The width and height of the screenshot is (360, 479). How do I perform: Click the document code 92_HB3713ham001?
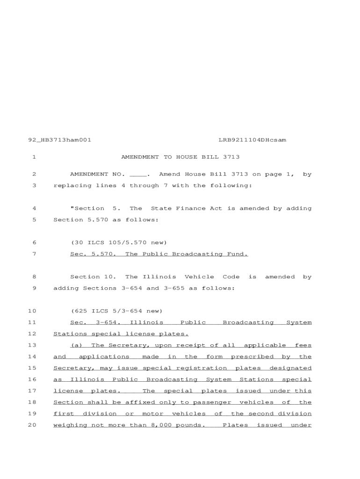[x=60, y=140]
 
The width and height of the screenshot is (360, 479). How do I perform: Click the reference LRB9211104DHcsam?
[x=252, y=140]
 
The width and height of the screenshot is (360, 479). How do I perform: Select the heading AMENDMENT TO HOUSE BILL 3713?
[x=180, y=157]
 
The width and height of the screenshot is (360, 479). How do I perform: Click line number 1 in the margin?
[x=34, y=157]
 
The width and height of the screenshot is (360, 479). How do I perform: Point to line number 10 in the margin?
[x=32, y=311]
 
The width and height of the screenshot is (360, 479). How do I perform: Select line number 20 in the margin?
[x=32, y=425]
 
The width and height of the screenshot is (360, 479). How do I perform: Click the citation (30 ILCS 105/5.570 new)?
[x=119, y=243]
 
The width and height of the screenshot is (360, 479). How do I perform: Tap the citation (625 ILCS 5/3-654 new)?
[x=117, y=311]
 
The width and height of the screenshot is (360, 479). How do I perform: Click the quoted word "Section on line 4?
[x=87, y=209]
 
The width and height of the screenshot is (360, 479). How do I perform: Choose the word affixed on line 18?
[x=142, y=402]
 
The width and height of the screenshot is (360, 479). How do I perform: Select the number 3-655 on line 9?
[x=174, y=288]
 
